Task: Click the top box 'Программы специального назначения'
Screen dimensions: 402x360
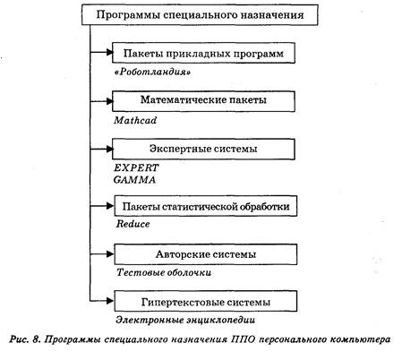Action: coord(200,15)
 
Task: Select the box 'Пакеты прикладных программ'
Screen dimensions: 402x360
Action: coord(203,53)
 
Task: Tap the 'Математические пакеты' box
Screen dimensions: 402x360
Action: coord(203,101)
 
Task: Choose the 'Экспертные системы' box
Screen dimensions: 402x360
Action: coord(203,149)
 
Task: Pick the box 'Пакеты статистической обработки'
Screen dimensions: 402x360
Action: coord(206,206)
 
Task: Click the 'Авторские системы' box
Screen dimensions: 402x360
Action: coord(206,254)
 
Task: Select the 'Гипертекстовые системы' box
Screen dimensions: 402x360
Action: coord(206,302)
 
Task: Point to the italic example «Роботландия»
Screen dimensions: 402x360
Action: coord(153,73)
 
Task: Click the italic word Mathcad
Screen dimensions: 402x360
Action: coord(135,120)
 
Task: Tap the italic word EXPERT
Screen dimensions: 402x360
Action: coord(136,167)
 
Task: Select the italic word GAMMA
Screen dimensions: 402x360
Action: coord(134,180)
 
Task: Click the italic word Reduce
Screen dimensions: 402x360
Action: coord(133,224)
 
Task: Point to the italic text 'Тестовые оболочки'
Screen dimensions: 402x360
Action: coord(164,272)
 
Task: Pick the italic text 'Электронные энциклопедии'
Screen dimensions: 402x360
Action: coord(185,320)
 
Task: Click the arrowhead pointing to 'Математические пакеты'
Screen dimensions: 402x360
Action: coord(109,101)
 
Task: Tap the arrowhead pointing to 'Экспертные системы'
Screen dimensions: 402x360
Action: coord(109,149)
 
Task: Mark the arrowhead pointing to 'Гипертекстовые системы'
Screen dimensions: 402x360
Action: coord(110,301)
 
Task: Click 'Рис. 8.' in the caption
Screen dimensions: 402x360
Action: coord(25,339)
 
